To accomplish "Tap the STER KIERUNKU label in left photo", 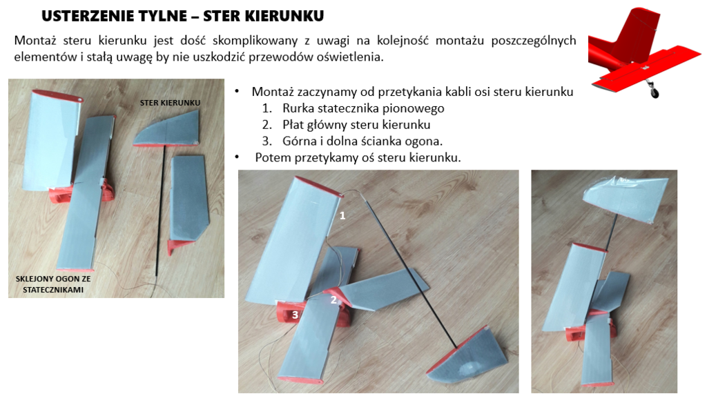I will (x=170, y=103).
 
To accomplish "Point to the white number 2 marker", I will (x=333, y=299).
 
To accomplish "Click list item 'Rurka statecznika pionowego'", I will (x=363, y=108).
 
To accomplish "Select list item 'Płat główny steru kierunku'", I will (x=356, y=125).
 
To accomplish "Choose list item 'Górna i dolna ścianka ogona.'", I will (x=362, y=141).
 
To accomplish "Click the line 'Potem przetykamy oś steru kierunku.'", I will (x=357, y=157).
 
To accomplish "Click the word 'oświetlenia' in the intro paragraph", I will (x=351, y=57).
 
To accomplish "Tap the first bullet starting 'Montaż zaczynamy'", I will (x=412, y=92).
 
